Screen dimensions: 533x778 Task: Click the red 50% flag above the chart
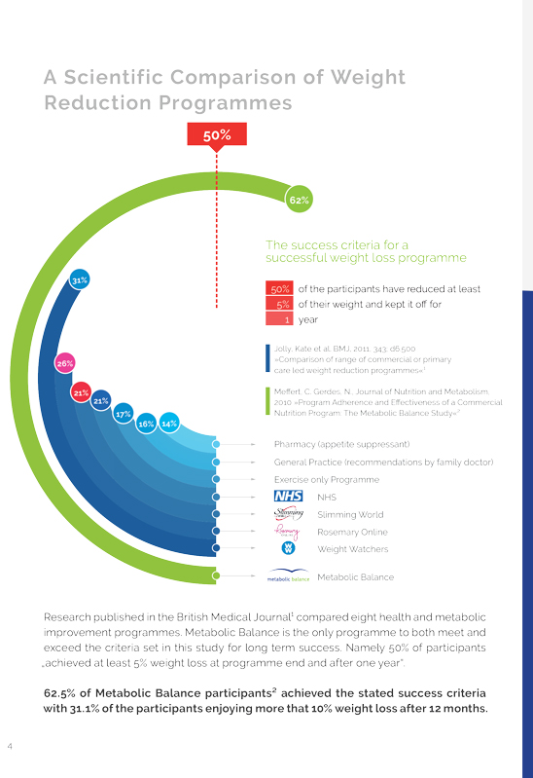[217, 135]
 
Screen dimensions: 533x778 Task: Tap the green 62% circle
[299, 200]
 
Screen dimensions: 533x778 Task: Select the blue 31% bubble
[80, 279]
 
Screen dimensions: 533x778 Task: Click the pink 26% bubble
[65, 363]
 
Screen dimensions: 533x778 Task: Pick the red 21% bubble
[81, 393]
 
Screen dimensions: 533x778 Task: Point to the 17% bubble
[123, 413]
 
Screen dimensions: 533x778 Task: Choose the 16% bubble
[146, 424]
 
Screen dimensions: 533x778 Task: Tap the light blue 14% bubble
[169, 424]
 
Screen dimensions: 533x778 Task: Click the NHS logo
[288, 496]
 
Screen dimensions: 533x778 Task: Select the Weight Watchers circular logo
[288, 548]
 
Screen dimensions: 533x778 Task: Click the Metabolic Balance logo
[288, 575]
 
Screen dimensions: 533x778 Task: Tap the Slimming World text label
[350, 514]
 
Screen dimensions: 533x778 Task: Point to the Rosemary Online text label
[352, 532]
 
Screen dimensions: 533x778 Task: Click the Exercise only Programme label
[327, 479]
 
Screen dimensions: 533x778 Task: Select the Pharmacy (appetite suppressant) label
[341, 444]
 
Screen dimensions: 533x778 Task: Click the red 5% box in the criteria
[279, 304]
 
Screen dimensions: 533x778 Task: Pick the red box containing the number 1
[279, 319]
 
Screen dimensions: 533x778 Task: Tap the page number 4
[10, 746]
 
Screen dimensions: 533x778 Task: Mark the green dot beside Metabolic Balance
[216, 575]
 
